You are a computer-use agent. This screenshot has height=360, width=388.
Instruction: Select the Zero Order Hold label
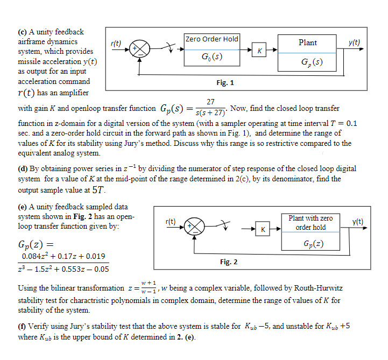(x=211, y=39)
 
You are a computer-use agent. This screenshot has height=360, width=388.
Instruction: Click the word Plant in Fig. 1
(x=307, y=43)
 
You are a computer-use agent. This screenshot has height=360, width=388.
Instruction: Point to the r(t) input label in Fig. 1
(x=115, y=43)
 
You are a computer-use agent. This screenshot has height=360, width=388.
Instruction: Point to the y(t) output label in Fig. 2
(x=358, y=221)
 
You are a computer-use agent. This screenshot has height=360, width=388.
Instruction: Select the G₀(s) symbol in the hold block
(x=211, y=57)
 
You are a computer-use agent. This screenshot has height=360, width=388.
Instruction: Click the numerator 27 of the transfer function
(x=211, y=102)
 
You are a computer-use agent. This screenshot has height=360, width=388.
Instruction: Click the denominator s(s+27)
(x=211, y=112)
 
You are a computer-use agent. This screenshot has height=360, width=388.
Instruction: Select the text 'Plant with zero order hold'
(x=311, y=222)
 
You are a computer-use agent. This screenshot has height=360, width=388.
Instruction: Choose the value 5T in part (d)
(x=99, y=190)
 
